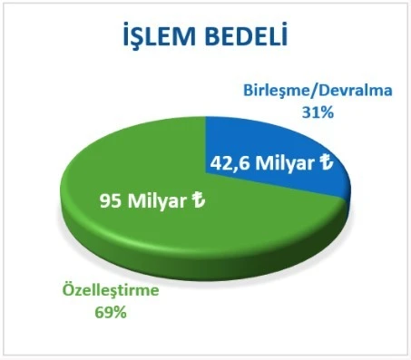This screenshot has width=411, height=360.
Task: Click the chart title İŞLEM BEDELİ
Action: [205, 37]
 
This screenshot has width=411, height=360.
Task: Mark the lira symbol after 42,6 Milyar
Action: [327, 163]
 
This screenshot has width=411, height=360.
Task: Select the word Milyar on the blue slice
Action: [286, 164]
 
